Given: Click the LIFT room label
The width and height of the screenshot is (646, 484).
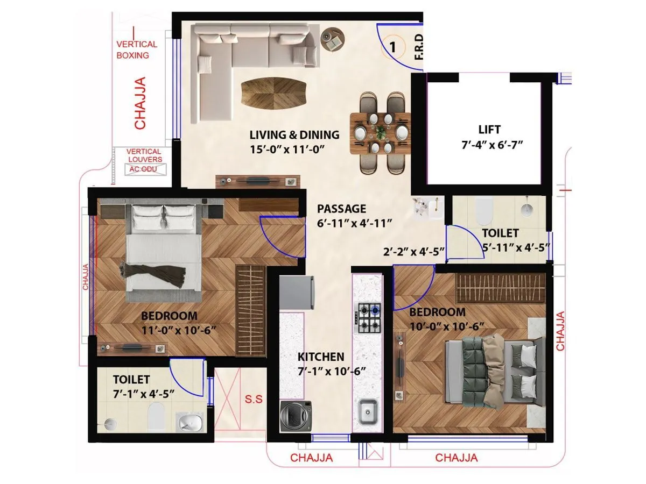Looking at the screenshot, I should (x=489, y=130).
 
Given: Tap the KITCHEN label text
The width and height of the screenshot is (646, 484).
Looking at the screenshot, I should (x=321, y=357).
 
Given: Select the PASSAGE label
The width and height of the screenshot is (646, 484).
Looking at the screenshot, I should (x=341, y=209).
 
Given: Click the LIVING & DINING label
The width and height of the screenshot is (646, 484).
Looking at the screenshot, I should (x=294, y=134).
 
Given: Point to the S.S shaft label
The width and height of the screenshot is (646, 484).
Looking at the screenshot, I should (x=254, y=400).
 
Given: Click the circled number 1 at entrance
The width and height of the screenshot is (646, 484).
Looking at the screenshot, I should (x=393, y=47).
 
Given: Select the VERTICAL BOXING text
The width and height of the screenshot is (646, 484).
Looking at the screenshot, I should (x=137, y=49).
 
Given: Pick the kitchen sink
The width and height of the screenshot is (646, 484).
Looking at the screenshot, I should (x=368, y=411).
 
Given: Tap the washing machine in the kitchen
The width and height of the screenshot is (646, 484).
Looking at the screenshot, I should (x=296, y=416).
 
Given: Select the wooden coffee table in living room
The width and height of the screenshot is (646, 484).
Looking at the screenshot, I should (x=273, y=93).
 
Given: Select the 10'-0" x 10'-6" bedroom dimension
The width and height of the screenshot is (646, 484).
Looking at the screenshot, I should (x=447, y=326).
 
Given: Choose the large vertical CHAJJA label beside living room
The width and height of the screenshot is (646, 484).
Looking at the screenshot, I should (x=140, y=103).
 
